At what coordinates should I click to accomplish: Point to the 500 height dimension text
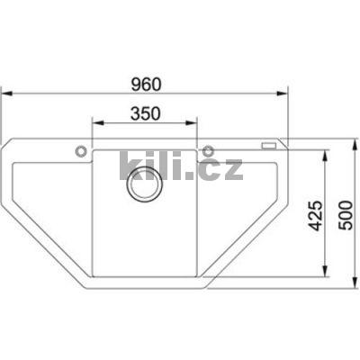(342, 217)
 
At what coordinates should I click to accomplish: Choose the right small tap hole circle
(208, 149)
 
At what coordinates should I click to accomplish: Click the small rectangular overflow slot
(267, 145)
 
